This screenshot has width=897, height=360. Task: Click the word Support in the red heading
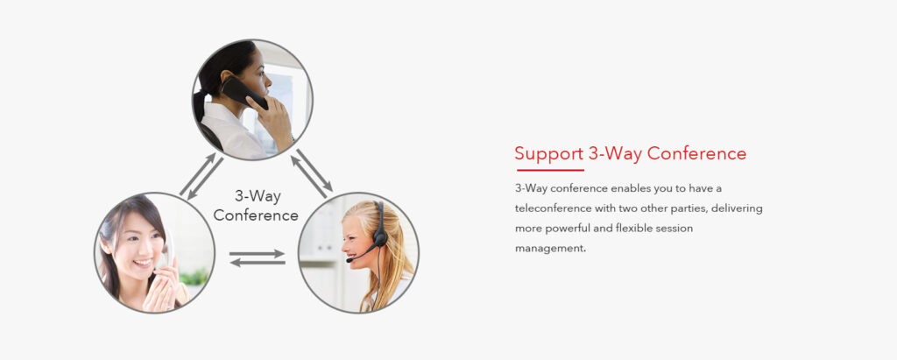548,154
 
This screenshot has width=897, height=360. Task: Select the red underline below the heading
550,170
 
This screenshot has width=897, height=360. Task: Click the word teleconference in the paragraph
553,208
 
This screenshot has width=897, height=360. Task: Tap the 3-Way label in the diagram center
258,196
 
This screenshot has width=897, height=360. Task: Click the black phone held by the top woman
244,93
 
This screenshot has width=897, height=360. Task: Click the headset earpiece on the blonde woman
380,237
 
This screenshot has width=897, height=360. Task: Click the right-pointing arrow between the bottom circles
257,253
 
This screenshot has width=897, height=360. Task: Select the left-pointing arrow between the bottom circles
258,263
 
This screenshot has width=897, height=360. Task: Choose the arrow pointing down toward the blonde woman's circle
314,170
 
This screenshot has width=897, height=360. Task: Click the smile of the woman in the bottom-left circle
143,263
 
